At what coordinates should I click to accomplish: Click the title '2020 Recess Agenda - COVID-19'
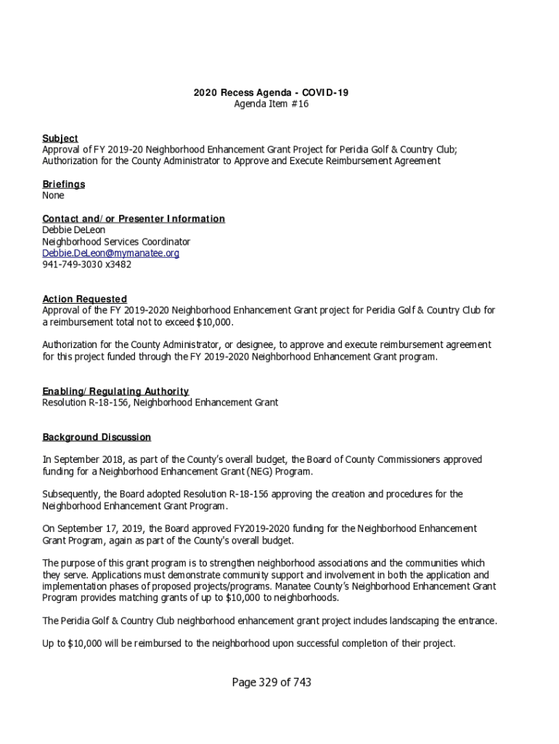(x=271, y=93)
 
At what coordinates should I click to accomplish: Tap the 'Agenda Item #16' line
(x=271, y=105)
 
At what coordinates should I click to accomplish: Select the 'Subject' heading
(x=60, y=138)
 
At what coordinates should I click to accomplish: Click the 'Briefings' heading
(x=63, y=184)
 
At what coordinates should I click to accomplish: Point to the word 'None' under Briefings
(x=53, y=195)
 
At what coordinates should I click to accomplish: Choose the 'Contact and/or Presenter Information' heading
(x=134, y=219)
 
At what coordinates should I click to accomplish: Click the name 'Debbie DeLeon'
(x=73, y=230)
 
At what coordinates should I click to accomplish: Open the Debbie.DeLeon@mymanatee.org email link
(x=110, y=254)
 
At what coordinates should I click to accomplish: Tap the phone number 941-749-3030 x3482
(x=87, y=264)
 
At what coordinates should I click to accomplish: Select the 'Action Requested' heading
(x=84, y=299)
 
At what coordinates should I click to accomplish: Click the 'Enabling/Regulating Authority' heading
(x=115, y=391)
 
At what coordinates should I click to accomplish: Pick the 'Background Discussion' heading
(x=97, y=437)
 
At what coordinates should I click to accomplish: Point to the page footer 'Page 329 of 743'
(x=272, y=682)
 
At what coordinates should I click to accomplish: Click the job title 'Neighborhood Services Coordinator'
(x=116, y=242)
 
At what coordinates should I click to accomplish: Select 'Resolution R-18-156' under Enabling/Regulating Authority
(x=86, y=403)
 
